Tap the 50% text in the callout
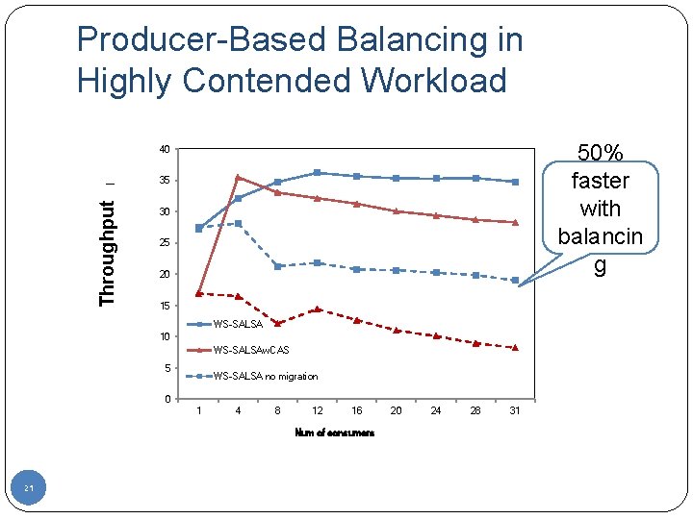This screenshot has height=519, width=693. point(600,153)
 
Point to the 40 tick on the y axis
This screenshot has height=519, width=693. point(165,150)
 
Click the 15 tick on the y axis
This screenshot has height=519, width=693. point(165,306)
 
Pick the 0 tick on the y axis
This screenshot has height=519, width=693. point(167,399)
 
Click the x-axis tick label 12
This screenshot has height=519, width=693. point(318,411)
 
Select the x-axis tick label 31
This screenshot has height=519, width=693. point(515,411)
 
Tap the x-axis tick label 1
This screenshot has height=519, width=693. point(199,411)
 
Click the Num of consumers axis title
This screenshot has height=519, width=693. point(334,432)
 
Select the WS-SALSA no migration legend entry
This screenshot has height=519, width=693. point(265,376)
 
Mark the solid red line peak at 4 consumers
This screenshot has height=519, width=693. point(238,177)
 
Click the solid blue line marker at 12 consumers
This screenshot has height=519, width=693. point(317,173)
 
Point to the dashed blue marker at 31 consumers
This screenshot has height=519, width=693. point(515,280)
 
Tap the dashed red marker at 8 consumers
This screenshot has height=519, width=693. point(277,323)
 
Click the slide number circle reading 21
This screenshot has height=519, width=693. point(29,490)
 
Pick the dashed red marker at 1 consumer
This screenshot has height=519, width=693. point(199,293)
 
